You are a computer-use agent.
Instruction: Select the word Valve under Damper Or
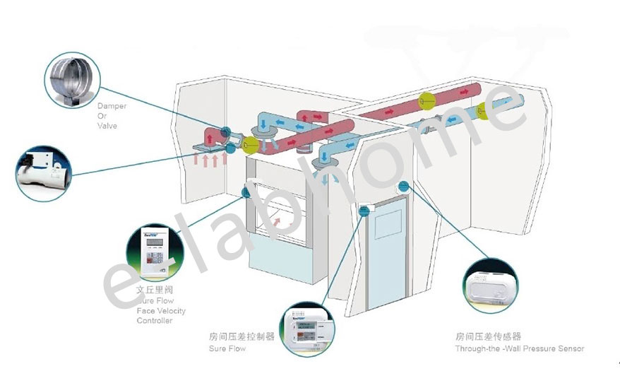click(107, 126)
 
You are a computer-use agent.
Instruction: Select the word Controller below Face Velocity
click(154, 321)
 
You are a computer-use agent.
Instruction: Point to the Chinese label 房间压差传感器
click(488, 337)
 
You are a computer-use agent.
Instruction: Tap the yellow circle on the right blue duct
click(485, 110)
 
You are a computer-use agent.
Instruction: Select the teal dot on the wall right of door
click(403, 187)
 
